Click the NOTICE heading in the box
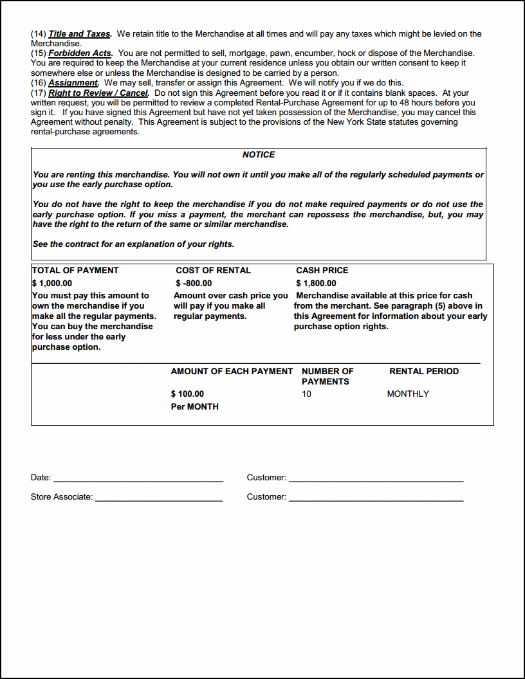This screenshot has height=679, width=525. pos(259,155)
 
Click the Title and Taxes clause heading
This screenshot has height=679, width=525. pos(80,34)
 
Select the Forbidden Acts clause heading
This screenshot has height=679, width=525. pos(80,53)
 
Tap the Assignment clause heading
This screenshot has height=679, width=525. pos(73,83)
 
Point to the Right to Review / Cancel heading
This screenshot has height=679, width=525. pos(98,93)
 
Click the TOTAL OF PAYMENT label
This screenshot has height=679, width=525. pos(75,271)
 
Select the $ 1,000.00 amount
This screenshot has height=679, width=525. pos(52,284)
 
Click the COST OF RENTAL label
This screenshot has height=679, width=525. pos(213,271)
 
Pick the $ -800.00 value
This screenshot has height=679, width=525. pos(194,284)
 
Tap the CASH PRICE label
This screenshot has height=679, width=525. pos(322,271)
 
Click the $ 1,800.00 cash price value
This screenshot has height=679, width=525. pos(316,284)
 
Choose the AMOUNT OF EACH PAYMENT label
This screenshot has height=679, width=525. pos(232,372)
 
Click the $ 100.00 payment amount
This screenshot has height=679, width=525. pos(187,394)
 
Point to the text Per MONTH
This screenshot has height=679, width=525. pos(194,407)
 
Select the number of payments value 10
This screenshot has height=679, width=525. pos(306,394)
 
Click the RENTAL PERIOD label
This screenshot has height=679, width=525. pos(424,372)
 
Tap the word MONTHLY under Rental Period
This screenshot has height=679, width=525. pos(408,394)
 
